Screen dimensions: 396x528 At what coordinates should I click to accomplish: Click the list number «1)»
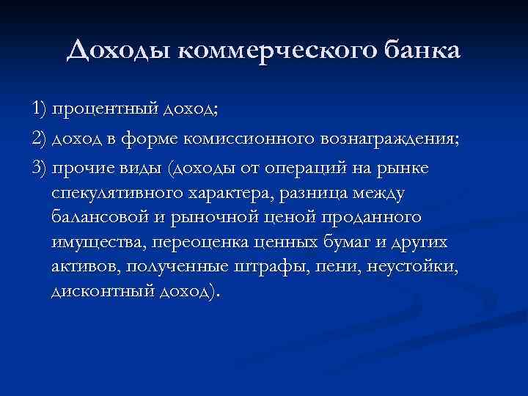[40, 109]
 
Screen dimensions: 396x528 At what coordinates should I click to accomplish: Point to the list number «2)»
[40, 139]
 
